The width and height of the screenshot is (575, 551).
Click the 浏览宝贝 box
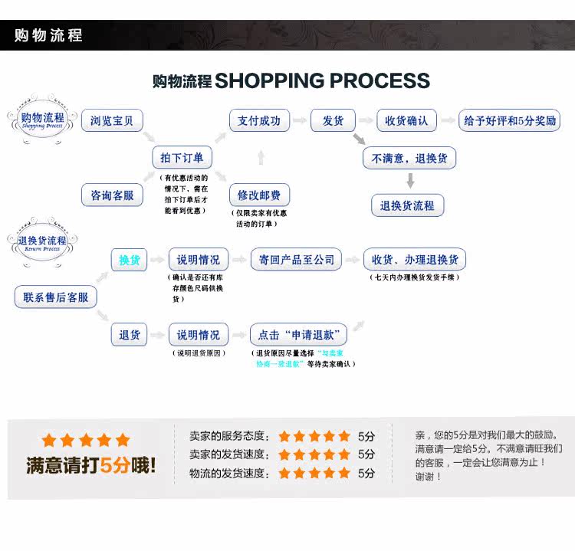pos(112,120)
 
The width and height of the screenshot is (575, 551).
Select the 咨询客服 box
pos(112,195)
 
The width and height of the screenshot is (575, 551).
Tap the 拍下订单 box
pos(182,158)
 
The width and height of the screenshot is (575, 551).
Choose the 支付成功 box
pos(259,120)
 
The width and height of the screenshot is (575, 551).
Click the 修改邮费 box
pos(259,195)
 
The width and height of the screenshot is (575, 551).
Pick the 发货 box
pos(333,120)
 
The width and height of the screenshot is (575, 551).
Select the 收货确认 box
pos(406,120)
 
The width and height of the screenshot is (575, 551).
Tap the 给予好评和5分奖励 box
pos(509,120)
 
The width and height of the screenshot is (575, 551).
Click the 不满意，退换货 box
pos(409,158)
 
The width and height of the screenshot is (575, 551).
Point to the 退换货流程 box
pos(407,205)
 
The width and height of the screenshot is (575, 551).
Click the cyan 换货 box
pos(130,260)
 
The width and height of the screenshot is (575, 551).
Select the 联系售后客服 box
pos(56,297)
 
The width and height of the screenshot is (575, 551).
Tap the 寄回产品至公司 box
pos(296,260)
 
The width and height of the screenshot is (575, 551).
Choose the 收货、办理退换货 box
pos(414,260)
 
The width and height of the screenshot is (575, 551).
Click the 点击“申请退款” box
pos(299,335)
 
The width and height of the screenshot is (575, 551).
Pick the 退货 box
pos(130,335)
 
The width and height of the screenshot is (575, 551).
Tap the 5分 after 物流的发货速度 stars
pos(366,473)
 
